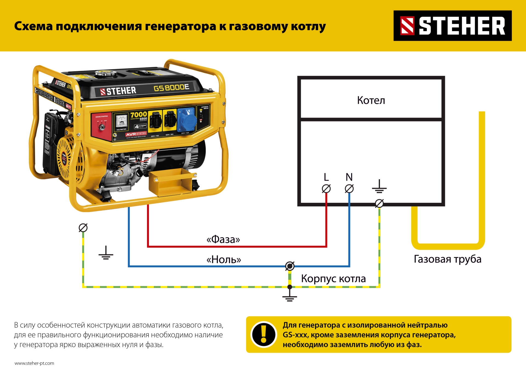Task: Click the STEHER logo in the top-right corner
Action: (x=452, y=26)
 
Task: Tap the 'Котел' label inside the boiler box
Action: (x=371, y=100)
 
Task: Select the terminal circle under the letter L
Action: (x=326, y=189)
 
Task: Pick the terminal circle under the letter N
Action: (x=349, y=189)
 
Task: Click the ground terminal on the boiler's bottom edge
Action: (x=379, y=203)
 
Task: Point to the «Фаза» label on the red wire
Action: (x=223, y=239)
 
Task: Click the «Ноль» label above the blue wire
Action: (x=224, y=259)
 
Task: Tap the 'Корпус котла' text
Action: (x=333, y=279)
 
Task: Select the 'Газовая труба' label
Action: (x=447, y=259)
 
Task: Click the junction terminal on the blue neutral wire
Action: (x=290, y=266)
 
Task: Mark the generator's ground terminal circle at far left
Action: (x=83, y=228)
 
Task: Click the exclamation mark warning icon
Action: (x=264, y=334)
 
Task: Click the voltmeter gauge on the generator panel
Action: (x=121, y=121)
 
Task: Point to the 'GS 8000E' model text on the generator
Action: (x=171, y=88)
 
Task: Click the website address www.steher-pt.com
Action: (x=34, y=363)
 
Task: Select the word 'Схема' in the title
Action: (x=33, y=26)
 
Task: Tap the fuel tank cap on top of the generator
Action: (x=106, y=73)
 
